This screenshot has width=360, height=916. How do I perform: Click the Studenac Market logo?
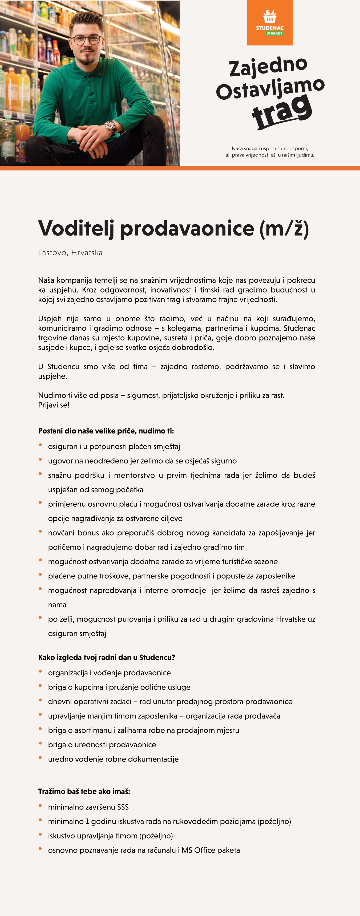[x=270, y=22]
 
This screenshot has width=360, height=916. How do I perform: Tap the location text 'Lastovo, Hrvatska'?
[x=70, y=253]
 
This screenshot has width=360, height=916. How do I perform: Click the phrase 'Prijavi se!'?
[x=54, y=405]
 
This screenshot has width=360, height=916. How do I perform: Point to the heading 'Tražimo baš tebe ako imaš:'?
[x=84, y=791]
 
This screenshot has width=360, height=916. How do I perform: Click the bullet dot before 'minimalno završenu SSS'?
[x=40, y=806]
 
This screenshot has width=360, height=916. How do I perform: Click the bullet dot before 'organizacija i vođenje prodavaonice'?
[x=40, y=672]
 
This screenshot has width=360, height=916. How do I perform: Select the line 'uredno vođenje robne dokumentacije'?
[x=113, y=759]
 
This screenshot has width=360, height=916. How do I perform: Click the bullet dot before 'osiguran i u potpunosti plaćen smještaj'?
[x=40, y=445]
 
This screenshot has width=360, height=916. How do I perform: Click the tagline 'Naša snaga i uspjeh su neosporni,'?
[x=270, y=148]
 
